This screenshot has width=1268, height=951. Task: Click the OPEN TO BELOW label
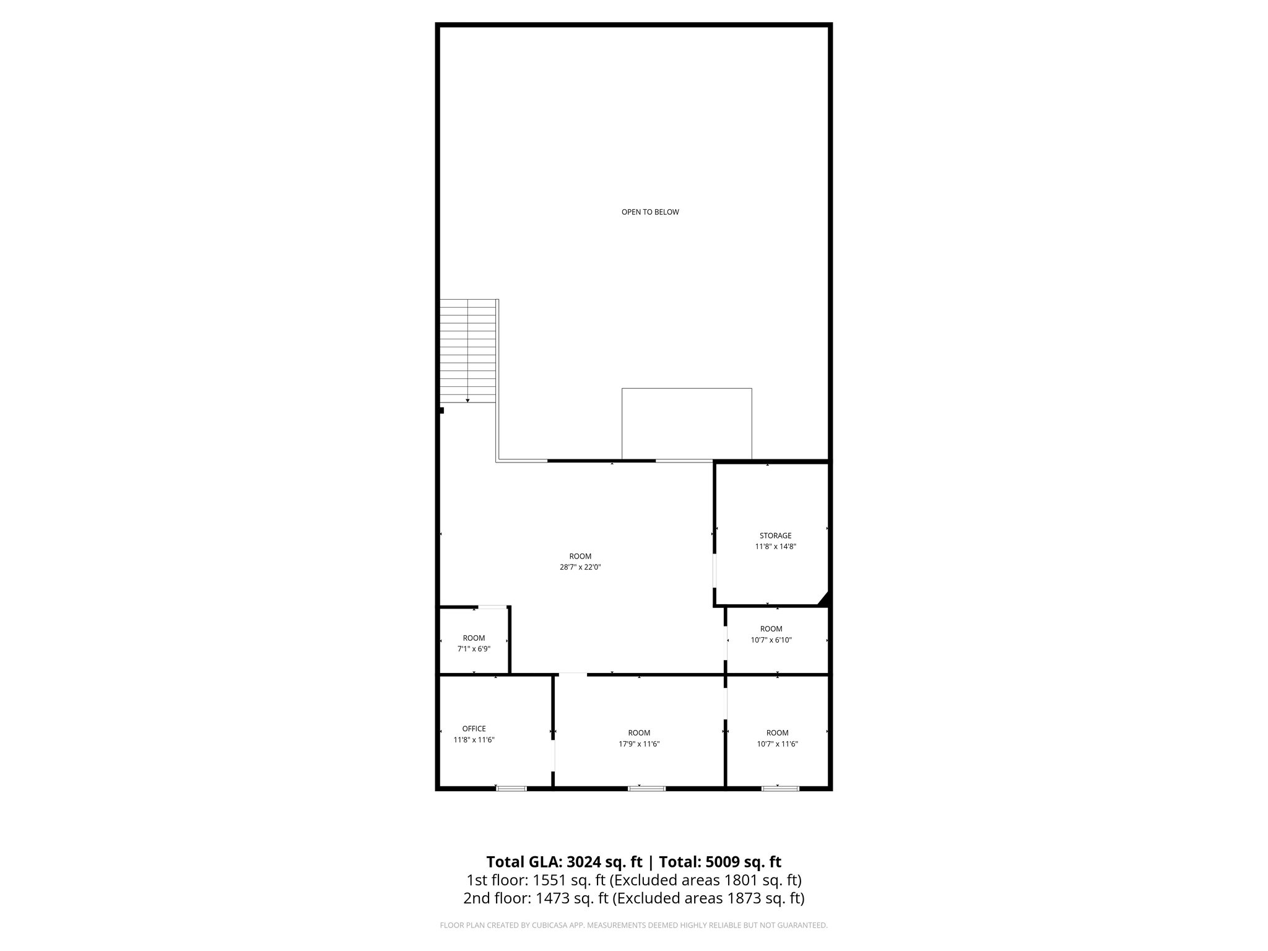click(650, 212)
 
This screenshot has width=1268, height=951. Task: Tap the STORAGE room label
click(775, 536)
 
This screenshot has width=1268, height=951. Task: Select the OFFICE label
click(474, 729)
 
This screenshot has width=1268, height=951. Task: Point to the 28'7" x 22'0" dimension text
click(580, 567)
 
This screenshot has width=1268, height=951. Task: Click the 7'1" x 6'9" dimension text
click(474, 649)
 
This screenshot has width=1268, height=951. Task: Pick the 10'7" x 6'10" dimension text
click(771, 640)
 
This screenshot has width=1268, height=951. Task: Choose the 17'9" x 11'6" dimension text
click(639, 744)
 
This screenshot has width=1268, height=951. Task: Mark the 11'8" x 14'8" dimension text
click(775, 547)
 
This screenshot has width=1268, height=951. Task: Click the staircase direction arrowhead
click(467, 400)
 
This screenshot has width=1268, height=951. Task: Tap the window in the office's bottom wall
click(511, 788)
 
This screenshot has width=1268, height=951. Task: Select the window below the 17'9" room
click(646, 788)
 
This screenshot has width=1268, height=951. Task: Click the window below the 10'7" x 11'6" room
click(780, 788)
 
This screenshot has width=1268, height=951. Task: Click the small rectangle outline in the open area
click(687, 424)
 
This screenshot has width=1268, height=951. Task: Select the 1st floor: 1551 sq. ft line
click(633, 880)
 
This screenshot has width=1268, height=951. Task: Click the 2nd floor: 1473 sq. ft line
click(633, 898)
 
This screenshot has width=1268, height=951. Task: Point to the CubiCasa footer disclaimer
click(633, 926)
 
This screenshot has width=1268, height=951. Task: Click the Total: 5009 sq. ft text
click(719, 862)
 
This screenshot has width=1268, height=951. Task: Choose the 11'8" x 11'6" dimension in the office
click(474, 740)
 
